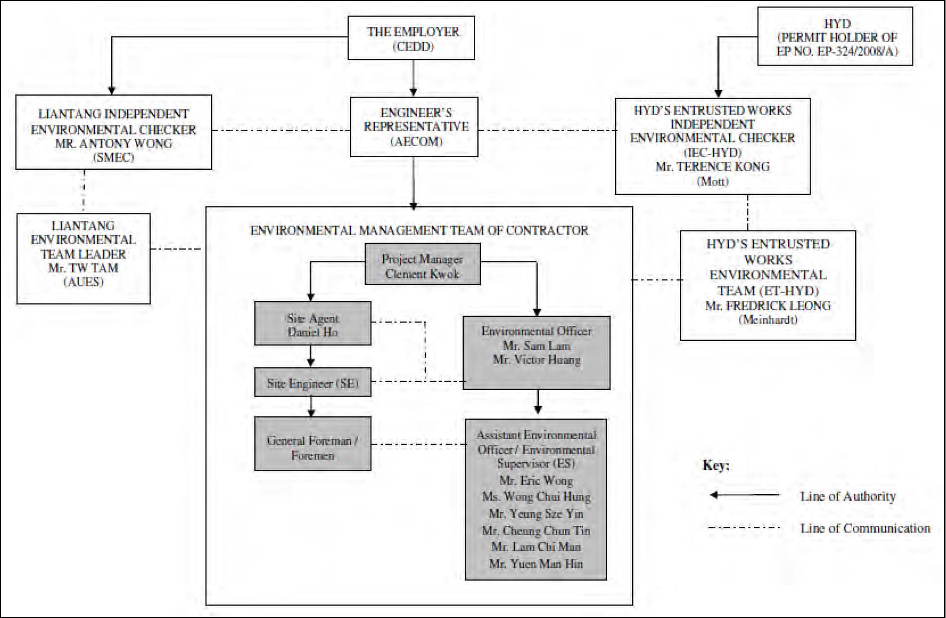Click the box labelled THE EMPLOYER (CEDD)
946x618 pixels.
[x=411, y=38]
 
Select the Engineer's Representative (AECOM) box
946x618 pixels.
[x=414, y=127]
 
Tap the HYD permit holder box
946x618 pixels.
[x=835, y=37]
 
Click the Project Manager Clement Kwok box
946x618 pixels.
[x=422, y=264]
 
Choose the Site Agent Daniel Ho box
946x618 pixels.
[x=313, y=323]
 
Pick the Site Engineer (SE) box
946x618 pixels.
[x=313, y=383]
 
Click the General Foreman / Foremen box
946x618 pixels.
[x=313, y=443]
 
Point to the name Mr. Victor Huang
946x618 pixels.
[x=536, y=360]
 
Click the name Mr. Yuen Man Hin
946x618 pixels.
[x=536, y=564]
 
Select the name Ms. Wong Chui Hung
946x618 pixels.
[x=536, y=497]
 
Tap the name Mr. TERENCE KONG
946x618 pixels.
[x=712, y=167]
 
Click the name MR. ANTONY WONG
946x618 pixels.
[x=114, y=144]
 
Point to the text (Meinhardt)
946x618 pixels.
[x=768, y=320]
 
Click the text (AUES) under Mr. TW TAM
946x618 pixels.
[x=83, y=282]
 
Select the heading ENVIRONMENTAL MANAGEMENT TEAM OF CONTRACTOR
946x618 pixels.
[x=419, y=230]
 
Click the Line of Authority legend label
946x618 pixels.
[x=848, y=496]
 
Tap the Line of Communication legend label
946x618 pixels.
[x=865, y=528]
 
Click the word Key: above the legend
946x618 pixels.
[x=716, y=465]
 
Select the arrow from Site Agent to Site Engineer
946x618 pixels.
[x=311, y=356]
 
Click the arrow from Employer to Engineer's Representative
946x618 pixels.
[x=413, y=78]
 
